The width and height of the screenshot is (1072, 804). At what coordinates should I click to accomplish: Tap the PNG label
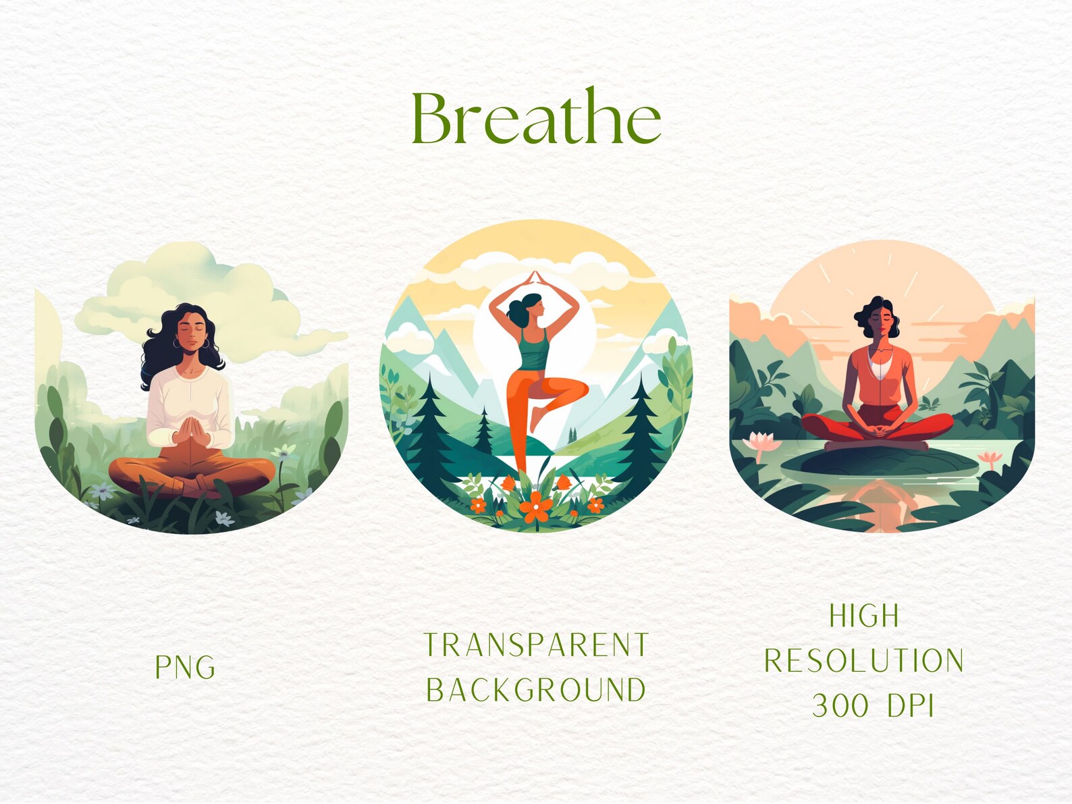point(185,667)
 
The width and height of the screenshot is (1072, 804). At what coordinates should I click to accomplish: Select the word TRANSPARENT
point(536,645)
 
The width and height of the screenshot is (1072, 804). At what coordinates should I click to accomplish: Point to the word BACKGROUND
point(536,690)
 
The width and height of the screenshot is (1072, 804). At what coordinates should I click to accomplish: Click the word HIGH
point(864,616)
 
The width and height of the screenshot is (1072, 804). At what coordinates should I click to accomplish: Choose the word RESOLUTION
point(864,661)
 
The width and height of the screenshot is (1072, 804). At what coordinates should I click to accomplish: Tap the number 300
point(840,706)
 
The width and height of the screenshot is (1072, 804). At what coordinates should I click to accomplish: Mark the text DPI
point(911,706)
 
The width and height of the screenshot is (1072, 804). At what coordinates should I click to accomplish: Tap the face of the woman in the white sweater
point(193,331)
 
